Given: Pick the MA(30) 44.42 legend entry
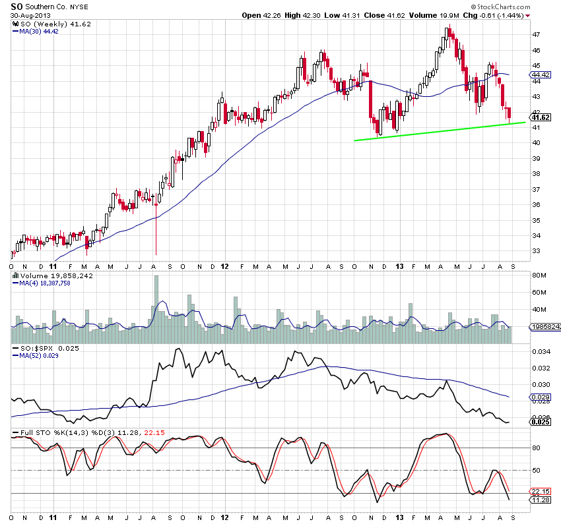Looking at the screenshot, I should [35, 30].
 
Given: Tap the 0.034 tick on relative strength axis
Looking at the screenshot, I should [541, 353].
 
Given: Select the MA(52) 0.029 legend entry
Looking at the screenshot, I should [35, 355].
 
